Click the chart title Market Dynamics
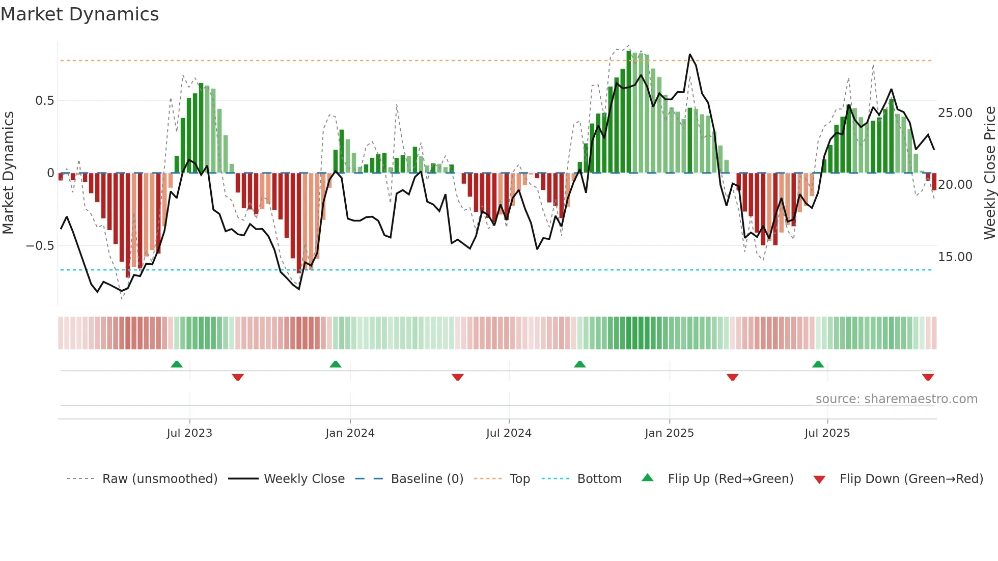[x=80, y=14]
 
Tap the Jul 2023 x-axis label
[x=189, y=433]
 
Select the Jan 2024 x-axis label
[x=350, y=433]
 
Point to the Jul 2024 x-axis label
[x=509, y=433]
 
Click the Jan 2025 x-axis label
[x=669, y=433]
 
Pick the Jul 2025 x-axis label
[x=827, y=433]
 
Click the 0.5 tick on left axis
[x=44, y=101]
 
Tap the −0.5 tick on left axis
[x=40, y=246]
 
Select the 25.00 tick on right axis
[x=955, y=113]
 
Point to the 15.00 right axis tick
[x=955, y=257]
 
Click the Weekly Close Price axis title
[x=989, y=173]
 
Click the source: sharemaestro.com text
[x=896, y=399]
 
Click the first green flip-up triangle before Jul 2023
[x=177, y=364]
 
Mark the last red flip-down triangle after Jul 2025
[x=928, y=377]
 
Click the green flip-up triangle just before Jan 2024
[x=336, y=364]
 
